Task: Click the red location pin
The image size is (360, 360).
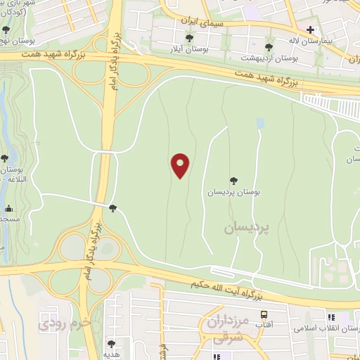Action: click(181, 165)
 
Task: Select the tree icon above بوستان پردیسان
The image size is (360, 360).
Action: click(233, 181)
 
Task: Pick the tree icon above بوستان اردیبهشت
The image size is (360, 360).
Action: click(269, 47)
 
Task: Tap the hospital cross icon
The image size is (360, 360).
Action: click(311, 31)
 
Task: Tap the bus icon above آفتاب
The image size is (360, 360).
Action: click(264, 315)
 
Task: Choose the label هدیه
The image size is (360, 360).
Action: click(111, 354)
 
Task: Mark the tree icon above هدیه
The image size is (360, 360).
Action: click(111, 344)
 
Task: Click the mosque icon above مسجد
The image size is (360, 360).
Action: click(8, 209)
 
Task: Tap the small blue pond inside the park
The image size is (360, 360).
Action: click(261, 123)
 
